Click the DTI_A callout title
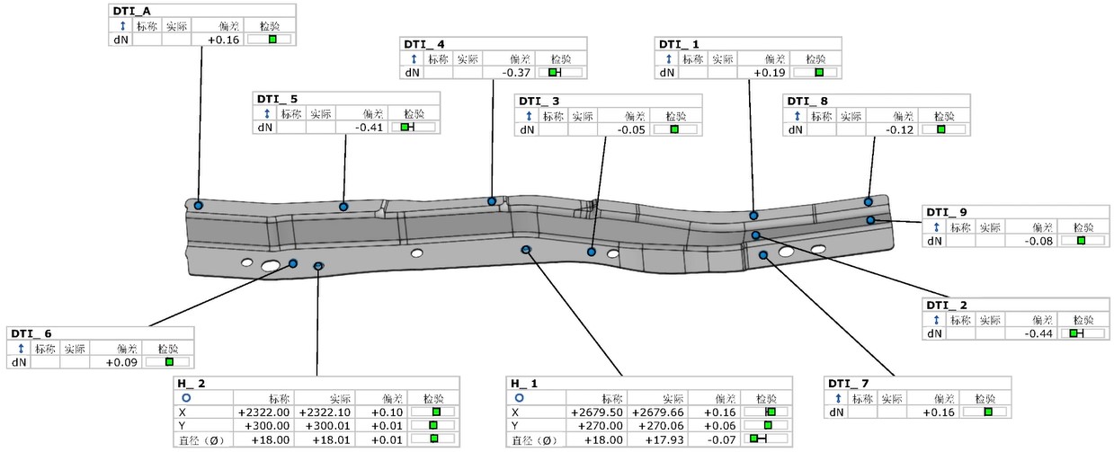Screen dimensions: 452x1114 [x=131, y=11]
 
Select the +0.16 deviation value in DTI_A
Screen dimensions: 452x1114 [x=223, y=40]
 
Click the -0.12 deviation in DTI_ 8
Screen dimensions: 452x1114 [x=900, y=129]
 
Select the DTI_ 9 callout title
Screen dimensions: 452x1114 [x=951, y=212]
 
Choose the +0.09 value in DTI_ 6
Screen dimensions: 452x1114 [x=120, y=362]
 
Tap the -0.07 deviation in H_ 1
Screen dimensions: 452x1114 [x=720, y=439]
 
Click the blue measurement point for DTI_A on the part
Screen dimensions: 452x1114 [x=199, y=206]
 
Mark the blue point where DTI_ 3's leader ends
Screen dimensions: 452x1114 [x=592, y=253]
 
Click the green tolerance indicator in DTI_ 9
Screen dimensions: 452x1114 [x=1081, y=241]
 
